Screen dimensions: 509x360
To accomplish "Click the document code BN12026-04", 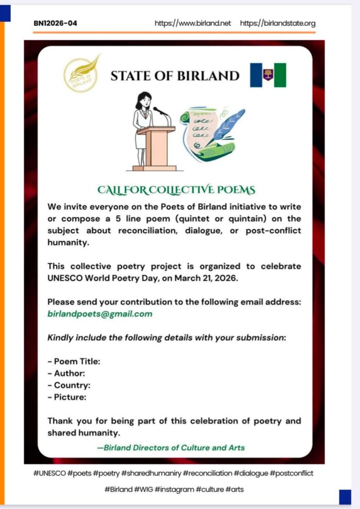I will coord(55,23).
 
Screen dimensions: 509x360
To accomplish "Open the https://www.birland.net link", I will coord(193,23).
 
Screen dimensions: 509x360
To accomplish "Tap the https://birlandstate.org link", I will coord(277,23).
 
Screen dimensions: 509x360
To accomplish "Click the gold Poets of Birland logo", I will coord(82,74).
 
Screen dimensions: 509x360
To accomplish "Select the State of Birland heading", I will coord(175,76).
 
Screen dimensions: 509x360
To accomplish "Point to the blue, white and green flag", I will coord(268,75).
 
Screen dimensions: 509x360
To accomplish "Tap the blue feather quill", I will coord(228,127).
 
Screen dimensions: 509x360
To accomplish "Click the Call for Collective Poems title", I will coord(177,190).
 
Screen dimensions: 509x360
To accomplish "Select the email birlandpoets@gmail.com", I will coord(100,314).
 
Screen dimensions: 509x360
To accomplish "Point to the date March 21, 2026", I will coord(206,279).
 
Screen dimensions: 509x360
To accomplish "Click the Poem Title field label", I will coord(74,362).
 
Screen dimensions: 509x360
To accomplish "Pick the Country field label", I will coord(69,386).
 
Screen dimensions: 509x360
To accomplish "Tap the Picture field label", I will coord(67,398).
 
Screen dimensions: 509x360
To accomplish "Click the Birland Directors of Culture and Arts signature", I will coord(171,448).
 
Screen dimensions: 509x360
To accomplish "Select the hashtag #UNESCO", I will coord(50,473).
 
